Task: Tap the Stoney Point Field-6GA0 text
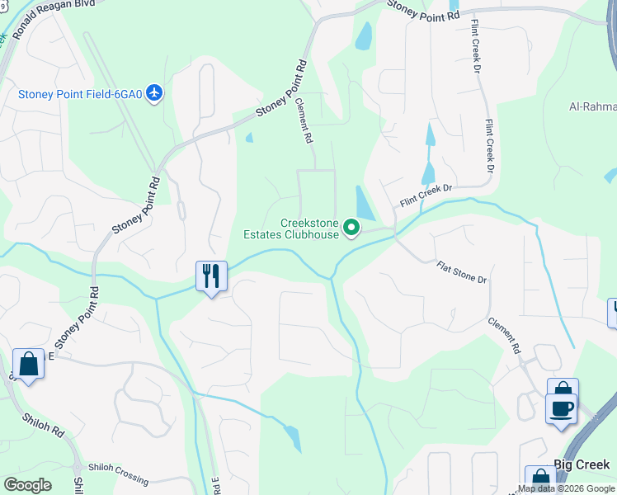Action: click(x=81, y=93)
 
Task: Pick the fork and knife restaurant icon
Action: click(x=211, y=276)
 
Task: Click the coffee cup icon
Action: click(x=562, y=408)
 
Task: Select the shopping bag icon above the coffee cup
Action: click(x=563, y=389)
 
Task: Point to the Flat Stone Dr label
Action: click(x=462, y=272)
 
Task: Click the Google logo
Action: click(x=27, y=485)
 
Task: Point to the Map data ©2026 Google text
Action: click(x=567, y=488)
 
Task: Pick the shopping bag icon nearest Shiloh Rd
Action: click(x=29, y=364)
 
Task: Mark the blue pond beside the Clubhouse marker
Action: click(x=363, y=202)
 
